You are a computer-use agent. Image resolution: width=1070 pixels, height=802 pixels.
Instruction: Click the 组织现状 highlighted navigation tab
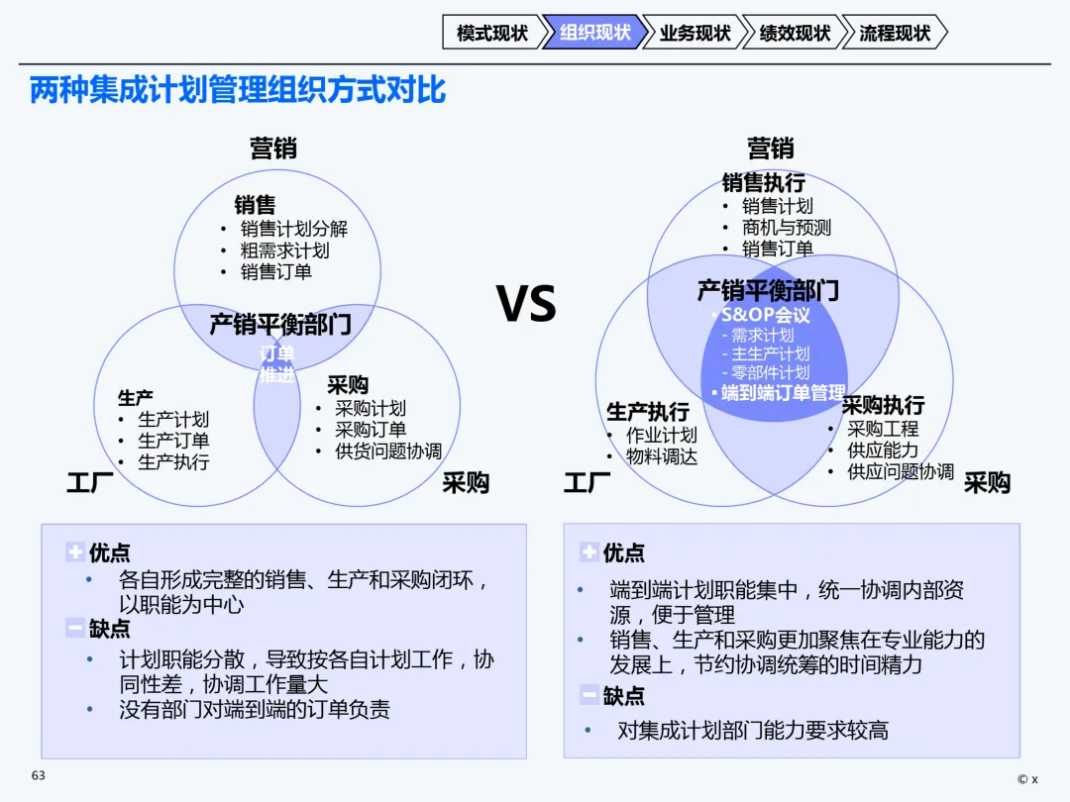(594, 33)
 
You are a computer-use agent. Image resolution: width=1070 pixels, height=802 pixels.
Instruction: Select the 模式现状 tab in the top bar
(492, 33)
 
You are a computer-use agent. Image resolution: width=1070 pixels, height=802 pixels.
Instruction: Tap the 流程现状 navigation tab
(895, 33)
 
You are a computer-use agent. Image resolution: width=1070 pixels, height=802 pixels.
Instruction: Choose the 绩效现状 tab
(795, 33)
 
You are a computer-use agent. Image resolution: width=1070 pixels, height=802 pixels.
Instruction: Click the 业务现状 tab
(695, 33)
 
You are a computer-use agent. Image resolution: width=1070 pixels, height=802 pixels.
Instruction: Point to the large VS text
(526, 304)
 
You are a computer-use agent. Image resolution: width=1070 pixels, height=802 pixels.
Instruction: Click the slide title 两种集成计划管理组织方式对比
(238, 90)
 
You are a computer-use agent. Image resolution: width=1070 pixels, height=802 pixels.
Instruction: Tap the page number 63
(39, 775)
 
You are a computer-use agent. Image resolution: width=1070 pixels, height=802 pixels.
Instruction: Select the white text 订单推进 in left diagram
(277, 364)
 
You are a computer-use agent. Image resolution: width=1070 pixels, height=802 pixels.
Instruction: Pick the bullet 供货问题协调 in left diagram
(387, 451)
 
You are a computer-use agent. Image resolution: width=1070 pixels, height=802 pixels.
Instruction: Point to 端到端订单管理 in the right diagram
(783, 393)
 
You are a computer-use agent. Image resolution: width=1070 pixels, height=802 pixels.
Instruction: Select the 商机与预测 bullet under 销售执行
(787, 228)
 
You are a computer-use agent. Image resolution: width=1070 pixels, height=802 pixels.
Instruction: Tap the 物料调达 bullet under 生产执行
(662, 456)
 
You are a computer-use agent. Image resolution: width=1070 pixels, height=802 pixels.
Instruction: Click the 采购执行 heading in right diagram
(883, 405)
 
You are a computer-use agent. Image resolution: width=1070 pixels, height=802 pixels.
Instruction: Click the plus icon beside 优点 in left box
(75, 552)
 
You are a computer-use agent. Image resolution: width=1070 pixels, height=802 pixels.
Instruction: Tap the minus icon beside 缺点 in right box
(589, 695)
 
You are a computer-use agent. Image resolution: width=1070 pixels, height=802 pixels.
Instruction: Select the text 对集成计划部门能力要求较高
(753, 731)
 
